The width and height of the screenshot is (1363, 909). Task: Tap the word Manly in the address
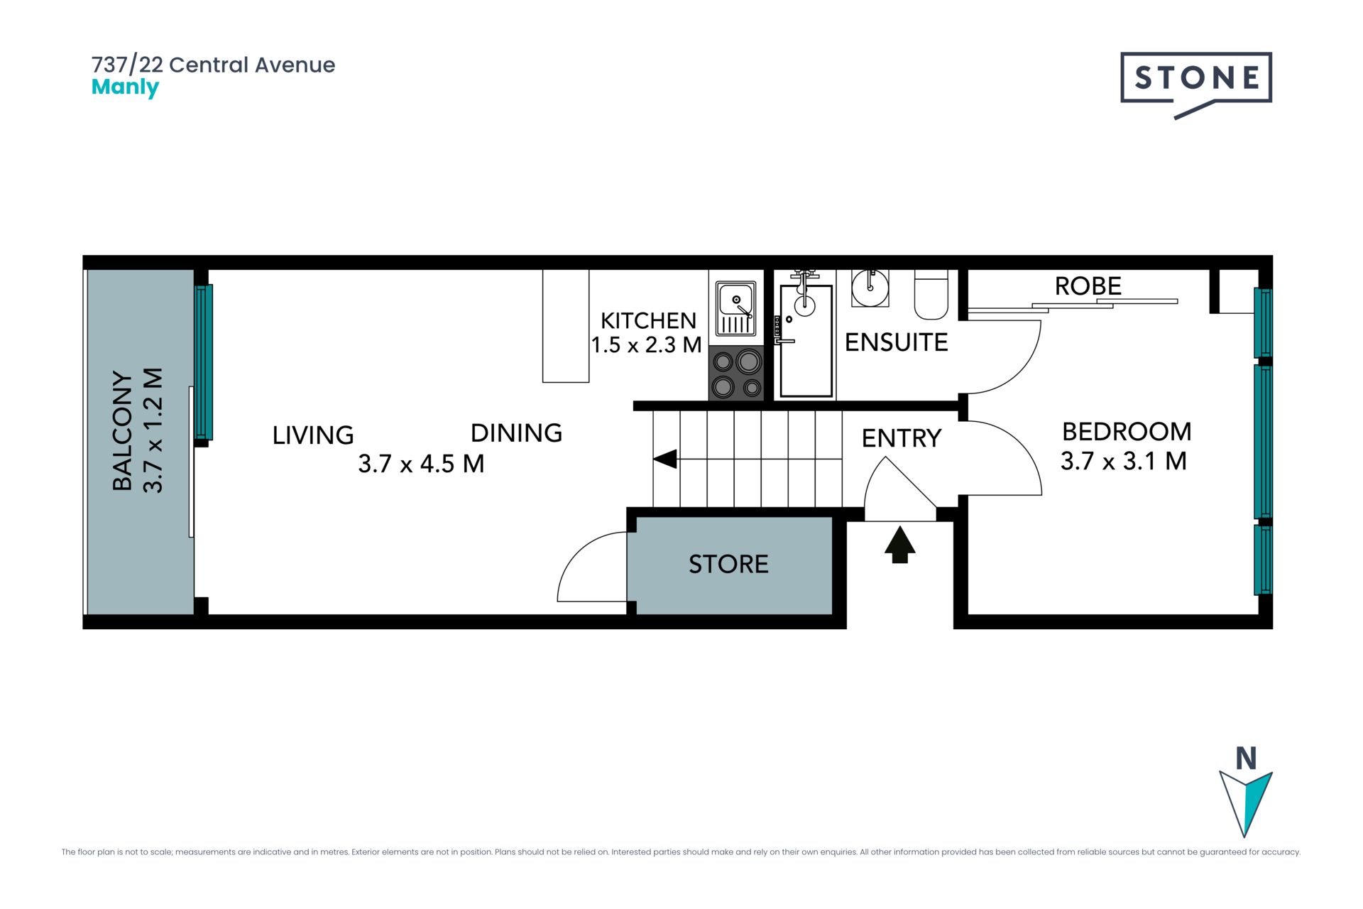pyautogui.click(x=125, y=88)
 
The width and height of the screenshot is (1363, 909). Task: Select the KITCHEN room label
pyautogui.click(x=648, y=321)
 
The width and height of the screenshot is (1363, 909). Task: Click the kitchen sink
pyautogui.click(x=735, y=308)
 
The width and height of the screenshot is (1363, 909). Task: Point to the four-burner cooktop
pyautogui.click(x=736, y=374)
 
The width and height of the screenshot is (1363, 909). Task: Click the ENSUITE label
pyautogui.click(x=896, y=342)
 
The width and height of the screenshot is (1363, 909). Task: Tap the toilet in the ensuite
pyautogui.click(x=931, y=295)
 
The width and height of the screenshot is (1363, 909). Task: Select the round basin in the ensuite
pyautogui.click(x=870, y=288)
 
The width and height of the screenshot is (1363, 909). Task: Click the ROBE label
pyautogui.click(x=1088, y=286)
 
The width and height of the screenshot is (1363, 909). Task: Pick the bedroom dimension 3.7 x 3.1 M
pyautogui.click(x=1123, y=462)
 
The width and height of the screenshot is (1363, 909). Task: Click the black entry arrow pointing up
pyautogui.click(x=899, y=545)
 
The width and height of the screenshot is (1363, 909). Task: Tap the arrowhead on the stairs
pyautogui.click(x=665, y=459)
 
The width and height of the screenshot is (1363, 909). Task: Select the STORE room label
pyautogui.click(x=728, y=565)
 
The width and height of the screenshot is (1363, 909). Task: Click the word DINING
pyautogui.click(x=516, y=433)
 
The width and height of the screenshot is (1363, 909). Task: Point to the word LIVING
pyautogui.click(x=313, y=435)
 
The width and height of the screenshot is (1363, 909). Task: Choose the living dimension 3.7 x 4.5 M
pyautogui.click(x=421, y=464)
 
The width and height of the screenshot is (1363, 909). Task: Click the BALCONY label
pyautogui.click(x=123, y=431)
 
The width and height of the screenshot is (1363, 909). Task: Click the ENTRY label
pyautogui.click(x=902, y=439)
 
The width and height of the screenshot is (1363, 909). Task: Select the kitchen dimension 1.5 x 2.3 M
pyautogui.click(x=646, y=345)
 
